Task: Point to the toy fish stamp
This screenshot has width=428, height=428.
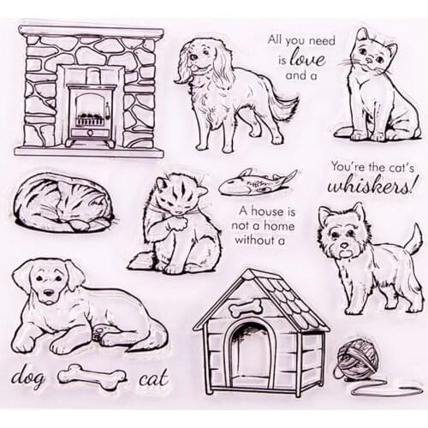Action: point(256,181)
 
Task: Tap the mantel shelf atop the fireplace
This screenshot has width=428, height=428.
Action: point(91,32)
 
